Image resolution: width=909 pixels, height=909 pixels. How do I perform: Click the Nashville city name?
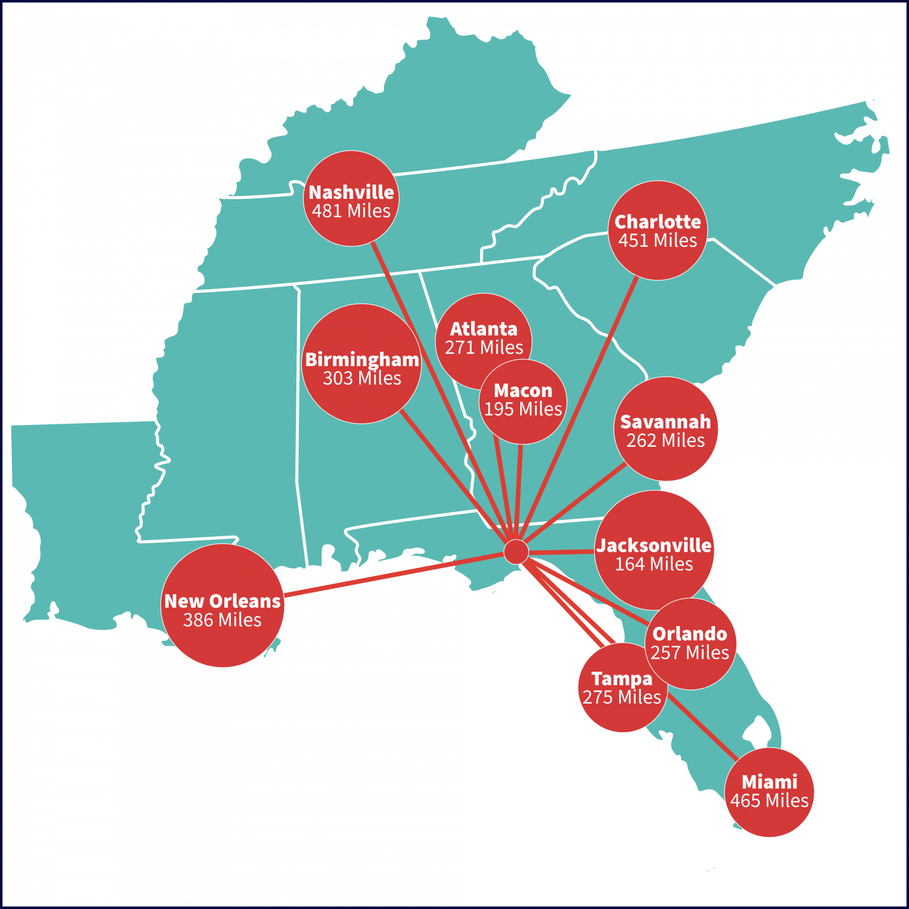click(351, 192)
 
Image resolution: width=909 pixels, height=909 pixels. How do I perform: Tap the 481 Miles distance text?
click(351, 211)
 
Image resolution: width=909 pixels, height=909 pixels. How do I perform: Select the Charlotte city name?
click(657, 222)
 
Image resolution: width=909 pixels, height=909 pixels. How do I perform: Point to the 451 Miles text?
click(657, 241)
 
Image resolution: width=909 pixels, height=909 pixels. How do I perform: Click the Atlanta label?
click(483, 329)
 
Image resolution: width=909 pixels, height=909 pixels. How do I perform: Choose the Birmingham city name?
click(362, 360)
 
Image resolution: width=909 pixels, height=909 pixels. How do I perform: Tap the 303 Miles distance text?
click(362, 378)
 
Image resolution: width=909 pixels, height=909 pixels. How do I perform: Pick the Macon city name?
click(523, 391)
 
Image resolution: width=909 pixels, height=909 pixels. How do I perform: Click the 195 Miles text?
click(523, 409)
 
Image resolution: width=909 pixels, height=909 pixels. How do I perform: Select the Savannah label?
click(665, 422)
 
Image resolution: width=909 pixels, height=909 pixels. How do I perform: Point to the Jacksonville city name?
click(653, 546)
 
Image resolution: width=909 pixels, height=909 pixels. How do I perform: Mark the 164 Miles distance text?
click(653, 564)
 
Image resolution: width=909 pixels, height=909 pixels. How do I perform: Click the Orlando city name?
click(689, 634)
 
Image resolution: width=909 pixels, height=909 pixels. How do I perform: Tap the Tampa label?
click(621, 679)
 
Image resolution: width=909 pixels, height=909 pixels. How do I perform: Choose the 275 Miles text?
click(621, 697)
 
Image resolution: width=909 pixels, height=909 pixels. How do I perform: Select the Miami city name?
click(769, 782)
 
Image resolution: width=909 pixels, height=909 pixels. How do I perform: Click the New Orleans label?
click(222, 601)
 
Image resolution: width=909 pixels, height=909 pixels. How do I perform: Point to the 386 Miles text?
click(222, 620)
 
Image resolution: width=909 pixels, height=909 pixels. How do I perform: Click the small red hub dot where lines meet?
click(516, 552)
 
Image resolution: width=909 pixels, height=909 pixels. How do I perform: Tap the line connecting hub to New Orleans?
click(391, 575)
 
